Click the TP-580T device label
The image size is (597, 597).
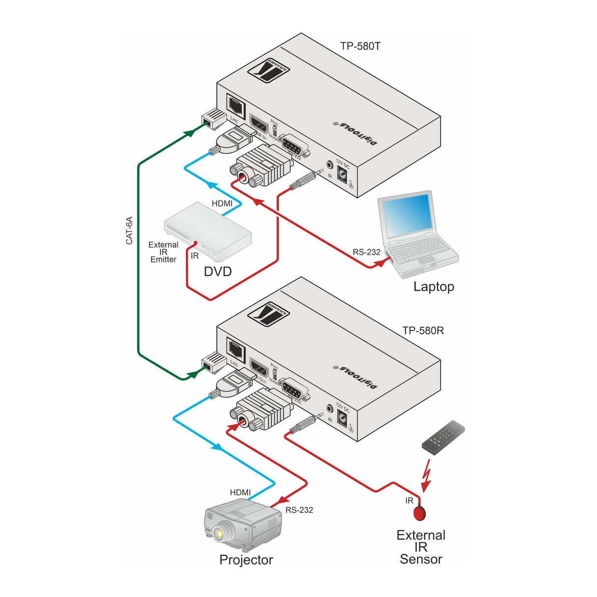click(x=360, y=46)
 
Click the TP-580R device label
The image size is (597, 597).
click(x=423, y=330)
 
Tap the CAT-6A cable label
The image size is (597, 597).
click(x=129, y=230)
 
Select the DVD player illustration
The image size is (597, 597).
click(x=208, y=231)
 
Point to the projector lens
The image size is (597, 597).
click(x=220, y=531)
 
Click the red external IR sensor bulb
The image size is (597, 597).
click(x=419, y=512)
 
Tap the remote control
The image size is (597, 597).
click(x=443, y=436)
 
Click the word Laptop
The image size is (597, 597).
click(x=433, y=287)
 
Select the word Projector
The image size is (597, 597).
click(x=246, y=560)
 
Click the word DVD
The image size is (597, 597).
click(x=218, y=271)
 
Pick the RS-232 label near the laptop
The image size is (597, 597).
click(x=366, y=252)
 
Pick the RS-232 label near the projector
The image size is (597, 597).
click(x=299, y=510)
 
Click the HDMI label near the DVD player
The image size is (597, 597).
click(x=222, y=203)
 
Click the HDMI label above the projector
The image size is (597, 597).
click(x=240, y=492)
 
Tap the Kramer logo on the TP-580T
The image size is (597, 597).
click(x=269, y=70)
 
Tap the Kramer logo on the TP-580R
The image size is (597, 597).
click(x=269, y=313)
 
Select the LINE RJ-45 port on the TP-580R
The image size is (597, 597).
click(x=236, y=349)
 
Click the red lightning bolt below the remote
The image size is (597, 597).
click(x=426, y=475)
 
